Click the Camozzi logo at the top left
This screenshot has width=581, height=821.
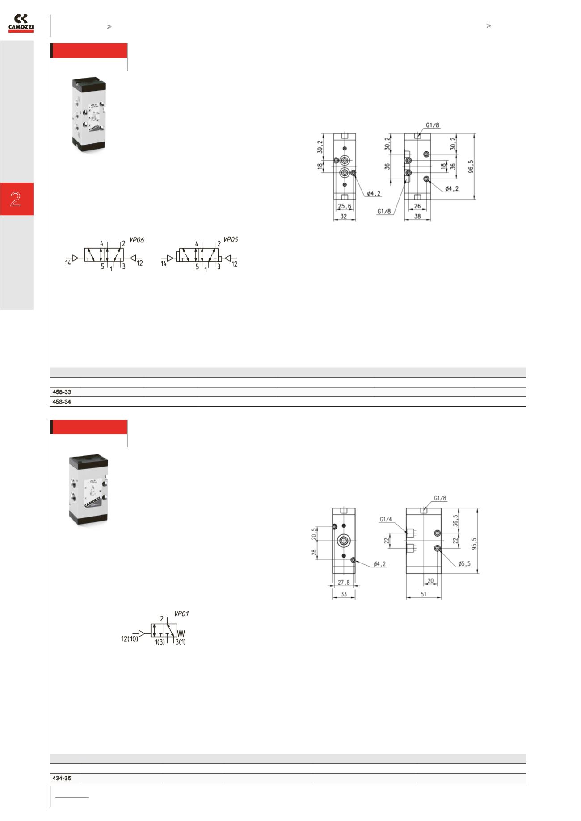click(x=21, y=24)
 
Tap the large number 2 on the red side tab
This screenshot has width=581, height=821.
click(x=16, y=199)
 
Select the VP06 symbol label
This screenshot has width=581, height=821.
click(x=136, y=240)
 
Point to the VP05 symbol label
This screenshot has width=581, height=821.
click(x=230, y=240)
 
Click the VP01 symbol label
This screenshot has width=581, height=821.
click(x=181, y=614)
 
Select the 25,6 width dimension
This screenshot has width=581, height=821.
click(x=345, y=206)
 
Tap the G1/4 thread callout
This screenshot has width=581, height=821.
click(x=386, y=519)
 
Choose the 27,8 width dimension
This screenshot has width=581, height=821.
click(x=344, y=582)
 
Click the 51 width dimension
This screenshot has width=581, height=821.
click(x=423, y=594)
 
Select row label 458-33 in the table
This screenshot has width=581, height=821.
click(x=60, y=392)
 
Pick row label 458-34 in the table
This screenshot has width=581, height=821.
click(x=60, y=402)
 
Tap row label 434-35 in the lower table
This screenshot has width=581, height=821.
click(x=60, y=779)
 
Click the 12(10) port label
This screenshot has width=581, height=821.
click(x=129, y=639)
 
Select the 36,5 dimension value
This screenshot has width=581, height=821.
click(x=455, y=521)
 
